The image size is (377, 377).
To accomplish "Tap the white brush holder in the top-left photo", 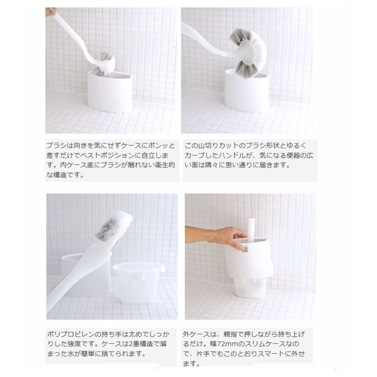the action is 110,92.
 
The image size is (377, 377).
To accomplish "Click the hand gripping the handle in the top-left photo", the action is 50,12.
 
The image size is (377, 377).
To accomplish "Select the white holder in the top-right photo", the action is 247,91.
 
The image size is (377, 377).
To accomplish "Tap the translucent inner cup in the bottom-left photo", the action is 139,283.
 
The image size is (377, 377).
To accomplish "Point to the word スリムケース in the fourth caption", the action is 261,344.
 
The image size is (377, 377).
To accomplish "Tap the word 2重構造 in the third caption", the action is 141,344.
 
